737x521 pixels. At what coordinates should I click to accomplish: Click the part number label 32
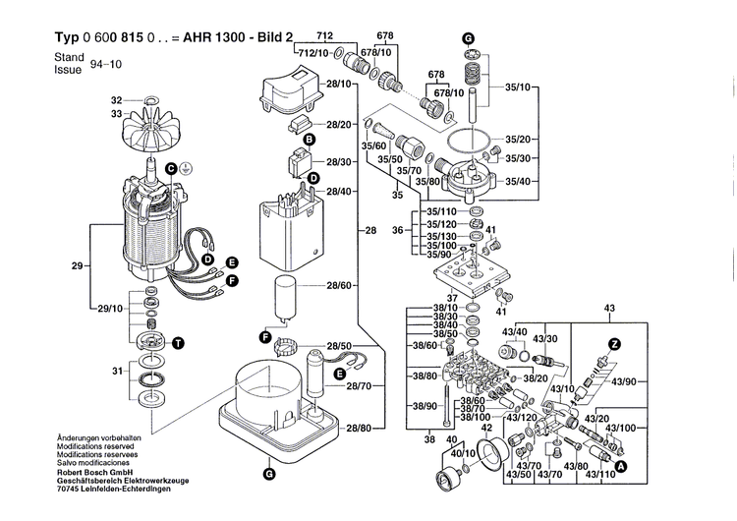tap(116, 100)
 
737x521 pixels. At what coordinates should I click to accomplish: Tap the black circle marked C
tap(170, 169)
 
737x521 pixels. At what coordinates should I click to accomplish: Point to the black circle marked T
tap(178, 342)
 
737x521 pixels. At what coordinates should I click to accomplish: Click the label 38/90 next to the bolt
tap(424, 406)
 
